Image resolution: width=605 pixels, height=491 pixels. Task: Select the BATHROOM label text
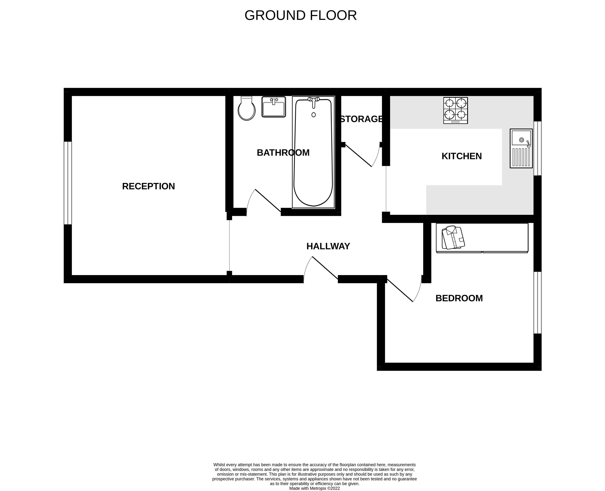283,153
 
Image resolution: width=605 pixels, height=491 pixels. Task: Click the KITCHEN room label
461,156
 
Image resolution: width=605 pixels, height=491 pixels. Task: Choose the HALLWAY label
328,246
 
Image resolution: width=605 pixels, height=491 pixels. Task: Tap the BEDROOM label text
459,298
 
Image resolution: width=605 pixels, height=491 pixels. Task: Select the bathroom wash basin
274,107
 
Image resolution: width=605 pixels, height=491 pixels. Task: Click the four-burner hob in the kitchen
456,110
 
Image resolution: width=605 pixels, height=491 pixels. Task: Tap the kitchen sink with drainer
521,148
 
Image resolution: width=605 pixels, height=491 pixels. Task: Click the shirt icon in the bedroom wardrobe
453,237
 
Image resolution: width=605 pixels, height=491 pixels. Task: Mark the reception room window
68,183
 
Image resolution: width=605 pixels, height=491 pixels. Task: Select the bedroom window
538,303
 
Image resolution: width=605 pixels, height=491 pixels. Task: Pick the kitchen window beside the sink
538,148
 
